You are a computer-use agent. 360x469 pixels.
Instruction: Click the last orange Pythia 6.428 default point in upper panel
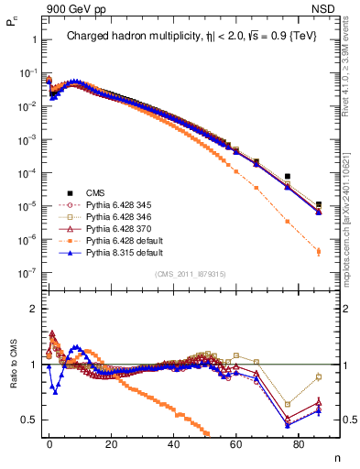click(318, 250)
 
